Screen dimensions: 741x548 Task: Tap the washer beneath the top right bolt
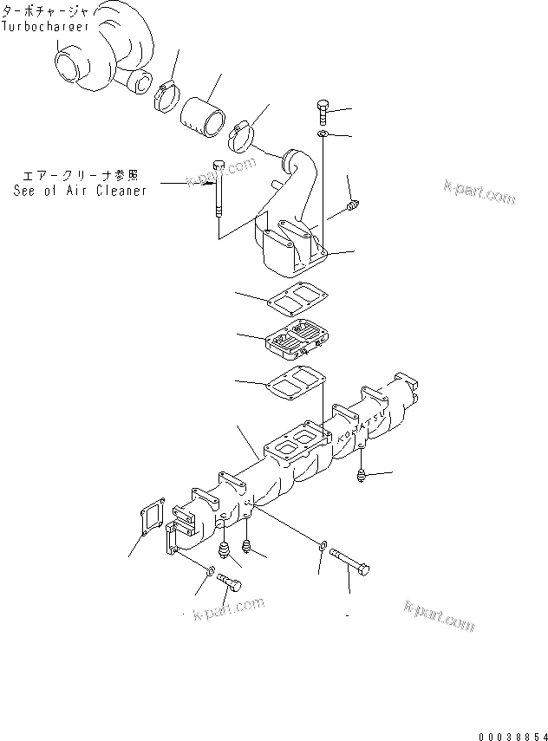click(322, 135)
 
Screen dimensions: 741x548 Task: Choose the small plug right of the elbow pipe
click(351, 205)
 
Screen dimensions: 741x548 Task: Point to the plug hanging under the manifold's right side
click(360, 476)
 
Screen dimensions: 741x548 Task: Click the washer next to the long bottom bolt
click(323, 546)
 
